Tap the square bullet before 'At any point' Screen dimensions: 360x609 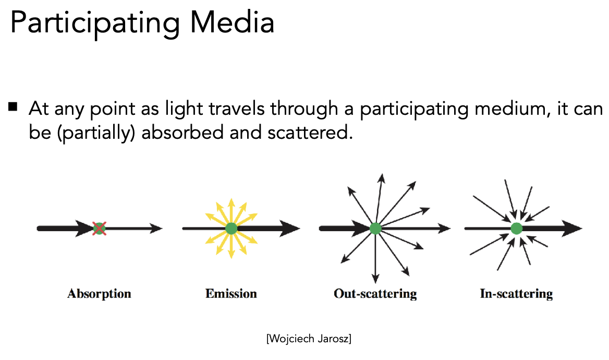14,108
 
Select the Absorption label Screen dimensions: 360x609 99,294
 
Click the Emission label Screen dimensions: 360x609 231,294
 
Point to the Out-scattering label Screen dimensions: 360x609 375,294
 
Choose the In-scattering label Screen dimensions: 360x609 516,294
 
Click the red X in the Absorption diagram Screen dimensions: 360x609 99,228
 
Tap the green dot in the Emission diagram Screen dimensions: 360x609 232,228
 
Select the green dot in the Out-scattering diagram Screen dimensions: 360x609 375,228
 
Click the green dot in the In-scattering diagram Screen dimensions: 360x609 516,228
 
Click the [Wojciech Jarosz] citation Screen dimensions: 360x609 309,339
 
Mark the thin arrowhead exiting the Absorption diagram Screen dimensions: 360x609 156,228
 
